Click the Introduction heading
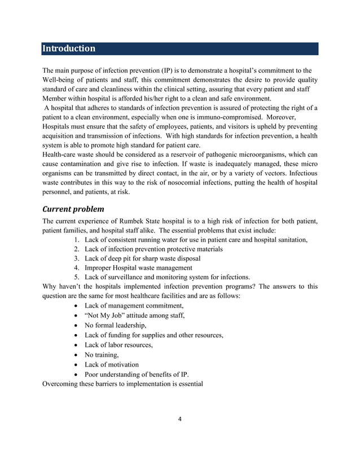[x=69, y=49]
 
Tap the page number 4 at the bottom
[x=179, y=419]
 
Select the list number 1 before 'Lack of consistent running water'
[x=76, y=240]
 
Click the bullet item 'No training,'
[x=102, y=355]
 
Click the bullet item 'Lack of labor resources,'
[x=118, y=345]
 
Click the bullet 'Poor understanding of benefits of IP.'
[x=137, y=374]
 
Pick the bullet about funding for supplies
[x=153, y=335]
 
